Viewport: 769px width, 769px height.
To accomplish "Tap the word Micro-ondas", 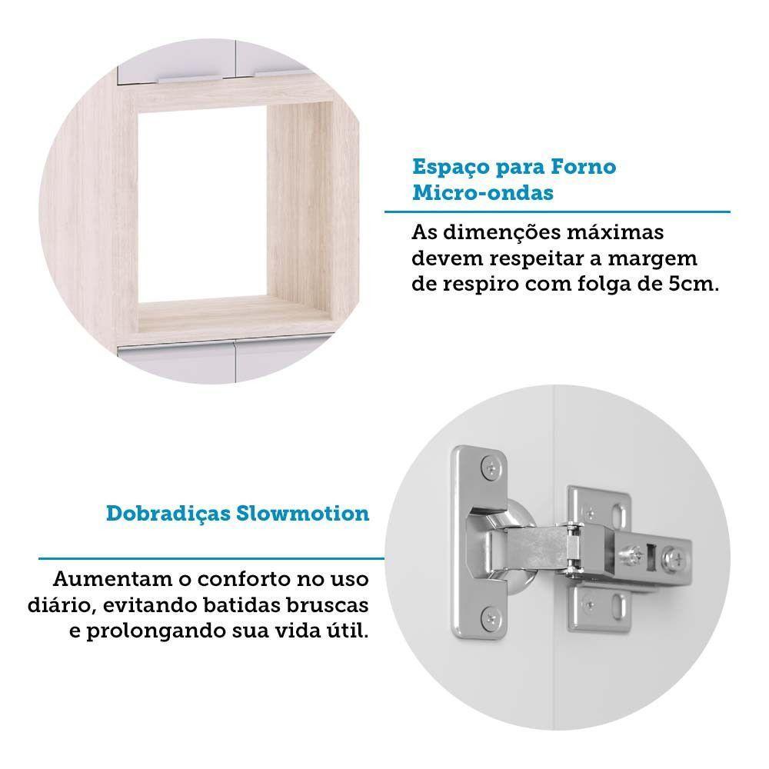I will (x=483, y=192).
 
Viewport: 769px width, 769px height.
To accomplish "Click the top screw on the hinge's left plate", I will (x=490, y=466).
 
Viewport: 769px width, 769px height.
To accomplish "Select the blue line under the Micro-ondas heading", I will (x=557, y=211).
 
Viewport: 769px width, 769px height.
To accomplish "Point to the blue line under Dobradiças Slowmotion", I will (x=211, y=558).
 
